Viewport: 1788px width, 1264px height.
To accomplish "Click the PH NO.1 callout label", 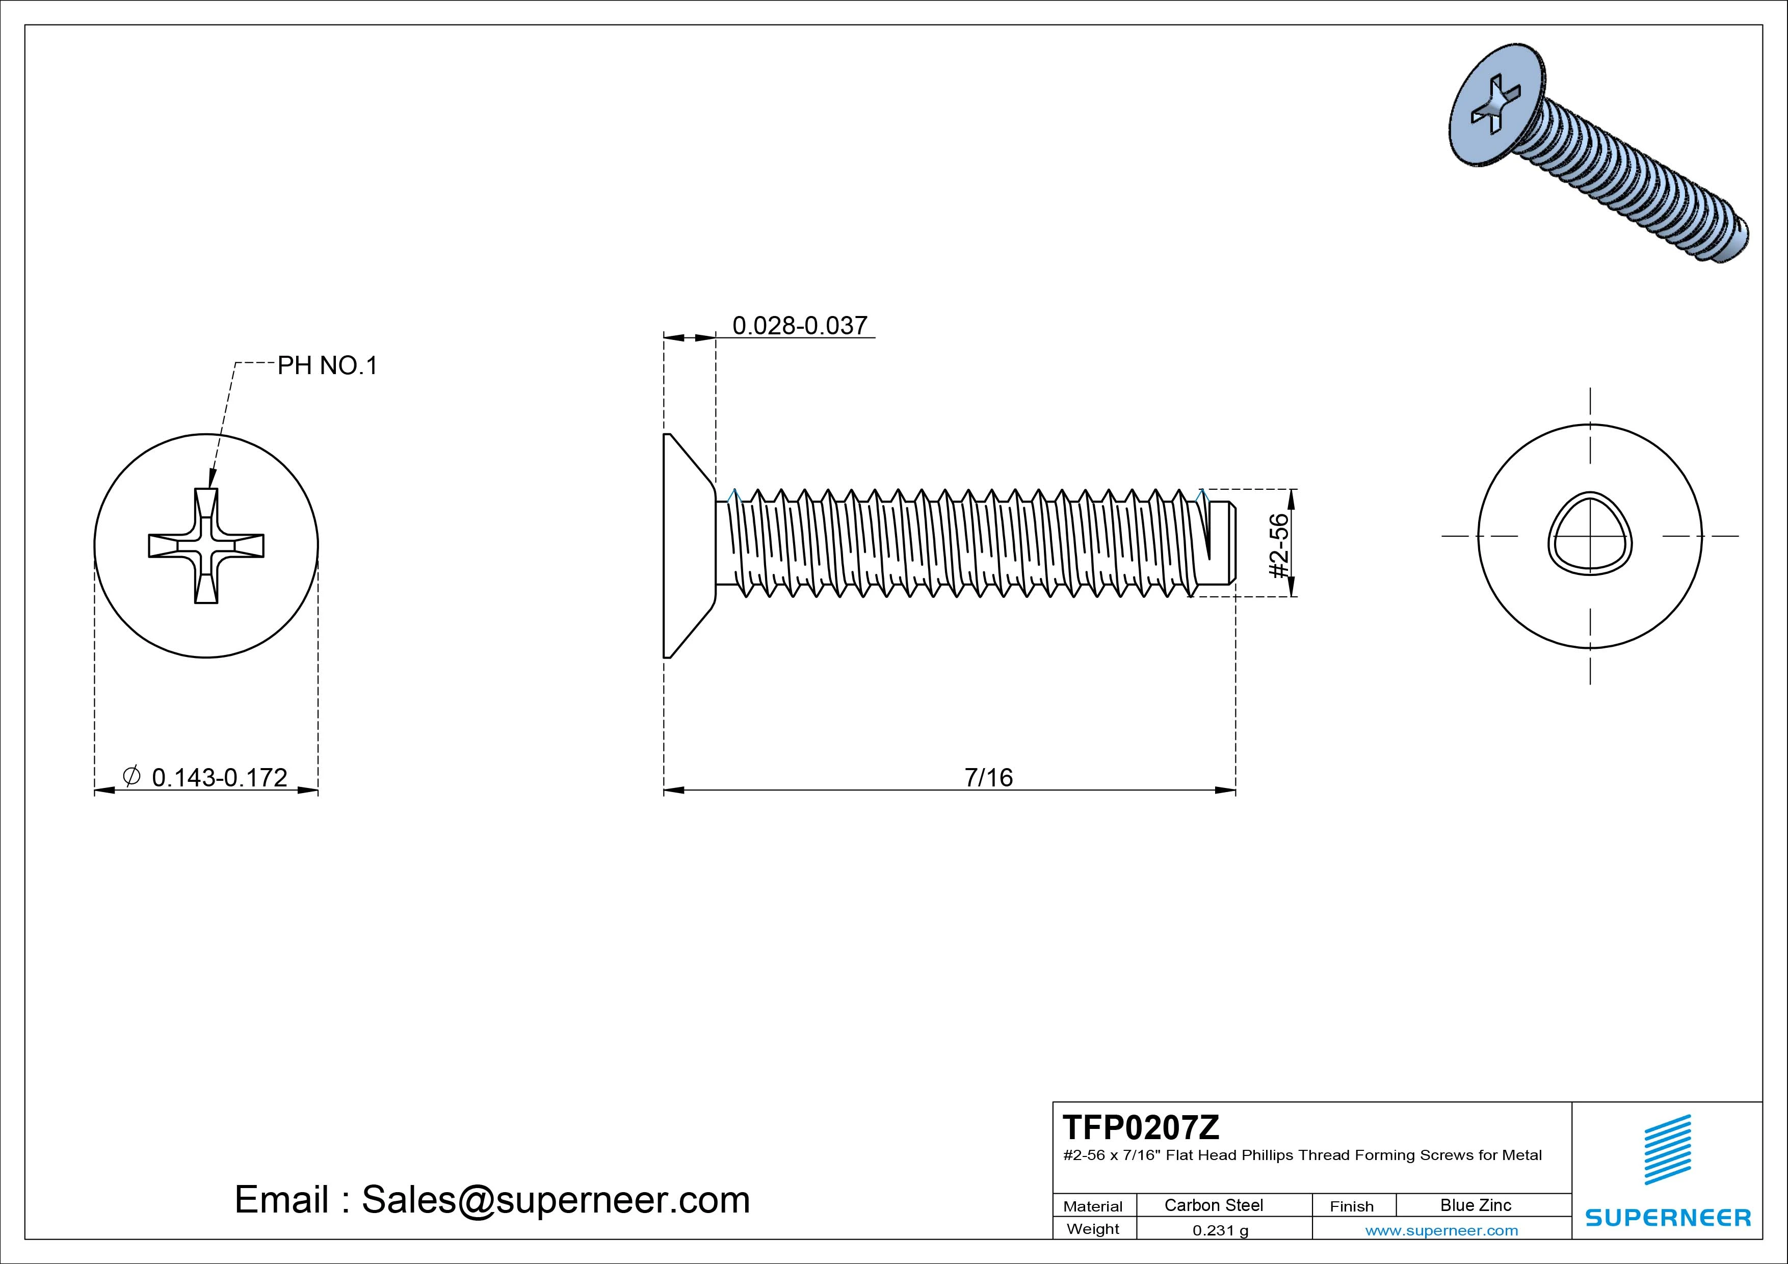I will [327, 365].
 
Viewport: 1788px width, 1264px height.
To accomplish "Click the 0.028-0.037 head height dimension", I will [799, 326].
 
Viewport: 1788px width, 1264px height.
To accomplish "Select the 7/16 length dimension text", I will [988, 777].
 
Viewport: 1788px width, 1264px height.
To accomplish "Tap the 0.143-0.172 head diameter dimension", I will [219, 777].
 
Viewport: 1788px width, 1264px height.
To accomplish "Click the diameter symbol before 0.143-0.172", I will [132, 776].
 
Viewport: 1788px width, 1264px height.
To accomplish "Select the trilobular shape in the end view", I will [1589, 536].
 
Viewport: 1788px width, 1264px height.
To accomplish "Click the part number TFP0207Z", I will [1141, 1127].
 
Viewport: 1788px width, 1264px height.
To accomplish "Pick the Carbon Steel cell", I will [1213, 1205].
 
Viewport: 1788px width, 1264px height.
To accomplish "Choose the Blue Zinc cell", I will [1475, 1205].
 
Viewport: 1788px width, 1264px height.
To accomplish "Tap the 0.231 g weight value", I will [1220, 1230].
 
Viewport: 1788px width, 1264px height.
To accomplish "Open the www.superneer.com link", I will [1441, 1230].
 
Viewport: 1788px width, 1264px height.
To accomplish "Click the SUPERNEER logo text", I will [1668, 1217].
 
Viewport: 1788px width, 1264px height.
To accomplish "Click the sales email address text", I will [492, 1199].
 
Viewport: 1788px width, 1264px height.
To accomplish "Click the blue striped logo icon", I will [1667, 1149].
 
